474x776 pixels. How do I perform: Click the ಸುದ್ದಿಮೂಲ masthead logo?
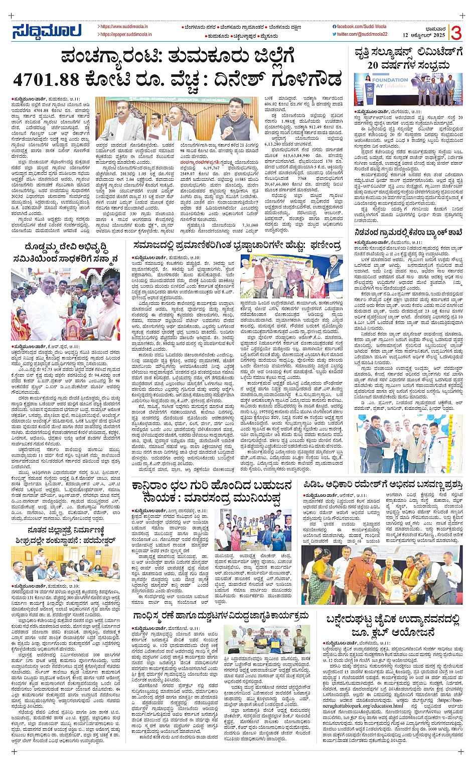pos(47,31)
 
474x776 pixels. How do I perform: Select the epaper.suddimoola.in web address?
pos(126,35)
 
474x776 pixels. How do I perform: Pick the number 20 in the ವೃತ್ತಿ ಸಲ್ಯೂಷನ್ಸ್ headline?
pos(375,65)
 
